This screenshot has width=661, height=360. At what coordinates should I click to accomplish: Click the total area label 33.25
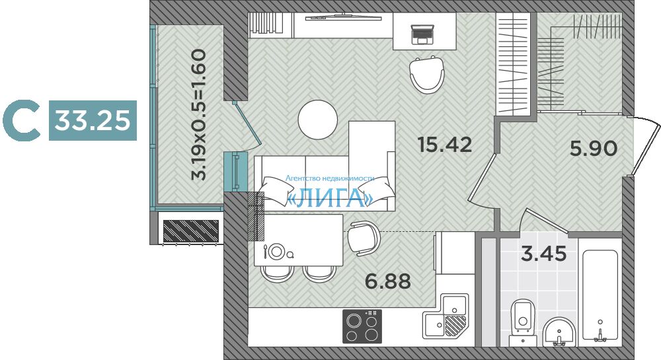pos(93,120)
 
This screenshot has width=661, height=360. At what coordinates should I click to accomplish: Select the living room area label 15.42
pos(445,145)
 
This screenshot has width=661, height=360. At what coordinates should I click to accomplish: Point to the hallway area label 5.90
pos(594,148)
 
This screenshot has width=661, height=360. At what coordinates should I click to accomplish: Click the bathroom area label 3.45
pos(544,254)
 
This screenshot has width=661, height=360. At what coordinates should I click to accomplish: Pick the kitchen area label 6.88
pos(388,281)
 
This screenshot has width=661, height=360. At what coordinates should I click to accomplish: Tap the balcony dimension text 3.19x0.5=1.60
pos(198,114)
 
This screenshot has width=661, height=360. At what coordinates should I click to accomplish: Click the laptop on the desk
pos(422,34)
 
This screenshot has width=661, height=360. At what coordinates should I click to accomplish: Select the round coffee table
pos(318,120)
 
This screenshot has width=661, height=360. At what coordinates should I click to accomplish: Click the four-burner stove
pos(362,326)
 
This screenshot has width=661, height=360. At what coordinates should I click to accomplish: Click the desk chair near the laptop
pos(426,75)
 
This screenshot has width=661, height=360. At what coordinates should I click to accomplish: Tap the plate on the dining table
pos(276,252)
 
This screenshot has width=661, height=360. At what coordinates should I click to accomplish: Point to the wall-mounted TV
pos(344,17)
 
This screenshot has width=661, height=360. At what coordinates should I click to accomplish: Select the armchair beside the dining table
pos(364,238)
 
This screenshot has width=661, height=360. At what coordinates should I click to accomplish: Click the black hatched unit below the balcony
pos(190,231)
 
